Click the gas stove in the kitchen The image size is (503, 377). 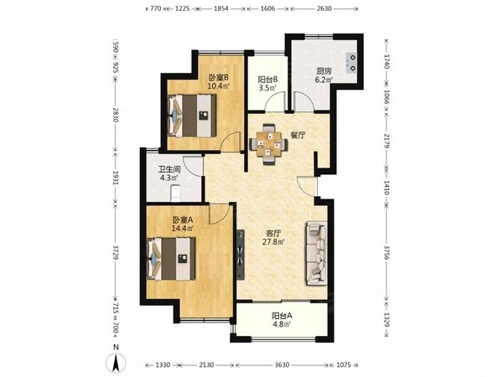click(351, 63)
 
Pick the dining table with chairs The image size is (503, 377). click(268, 144)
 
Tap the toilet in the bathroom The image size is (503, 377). click(175, 193)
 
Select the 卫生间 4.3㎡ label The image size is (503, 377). click(169, 173)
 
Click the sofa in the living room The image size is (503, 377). click(317, 253)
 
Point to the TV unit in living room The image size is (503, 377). click(241, 254)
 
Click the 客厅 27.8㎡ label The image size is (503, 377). click(273, 238)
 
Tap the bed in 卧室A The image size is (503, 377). click(171, 258)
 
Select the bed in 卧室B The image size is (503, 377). click(191, 116)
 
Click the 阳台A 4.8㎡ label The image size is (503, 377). click(282, 320)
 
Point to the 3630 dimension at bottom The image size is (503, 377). click(282, 364)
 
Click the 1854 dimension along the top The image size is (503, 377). click(221, 8)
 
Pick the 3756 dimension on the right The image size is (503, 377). click(386, 254)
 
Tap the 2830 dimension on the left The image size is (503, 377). click(116, 115)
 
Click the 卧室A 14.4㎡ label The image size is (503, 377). click(183, 224)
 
